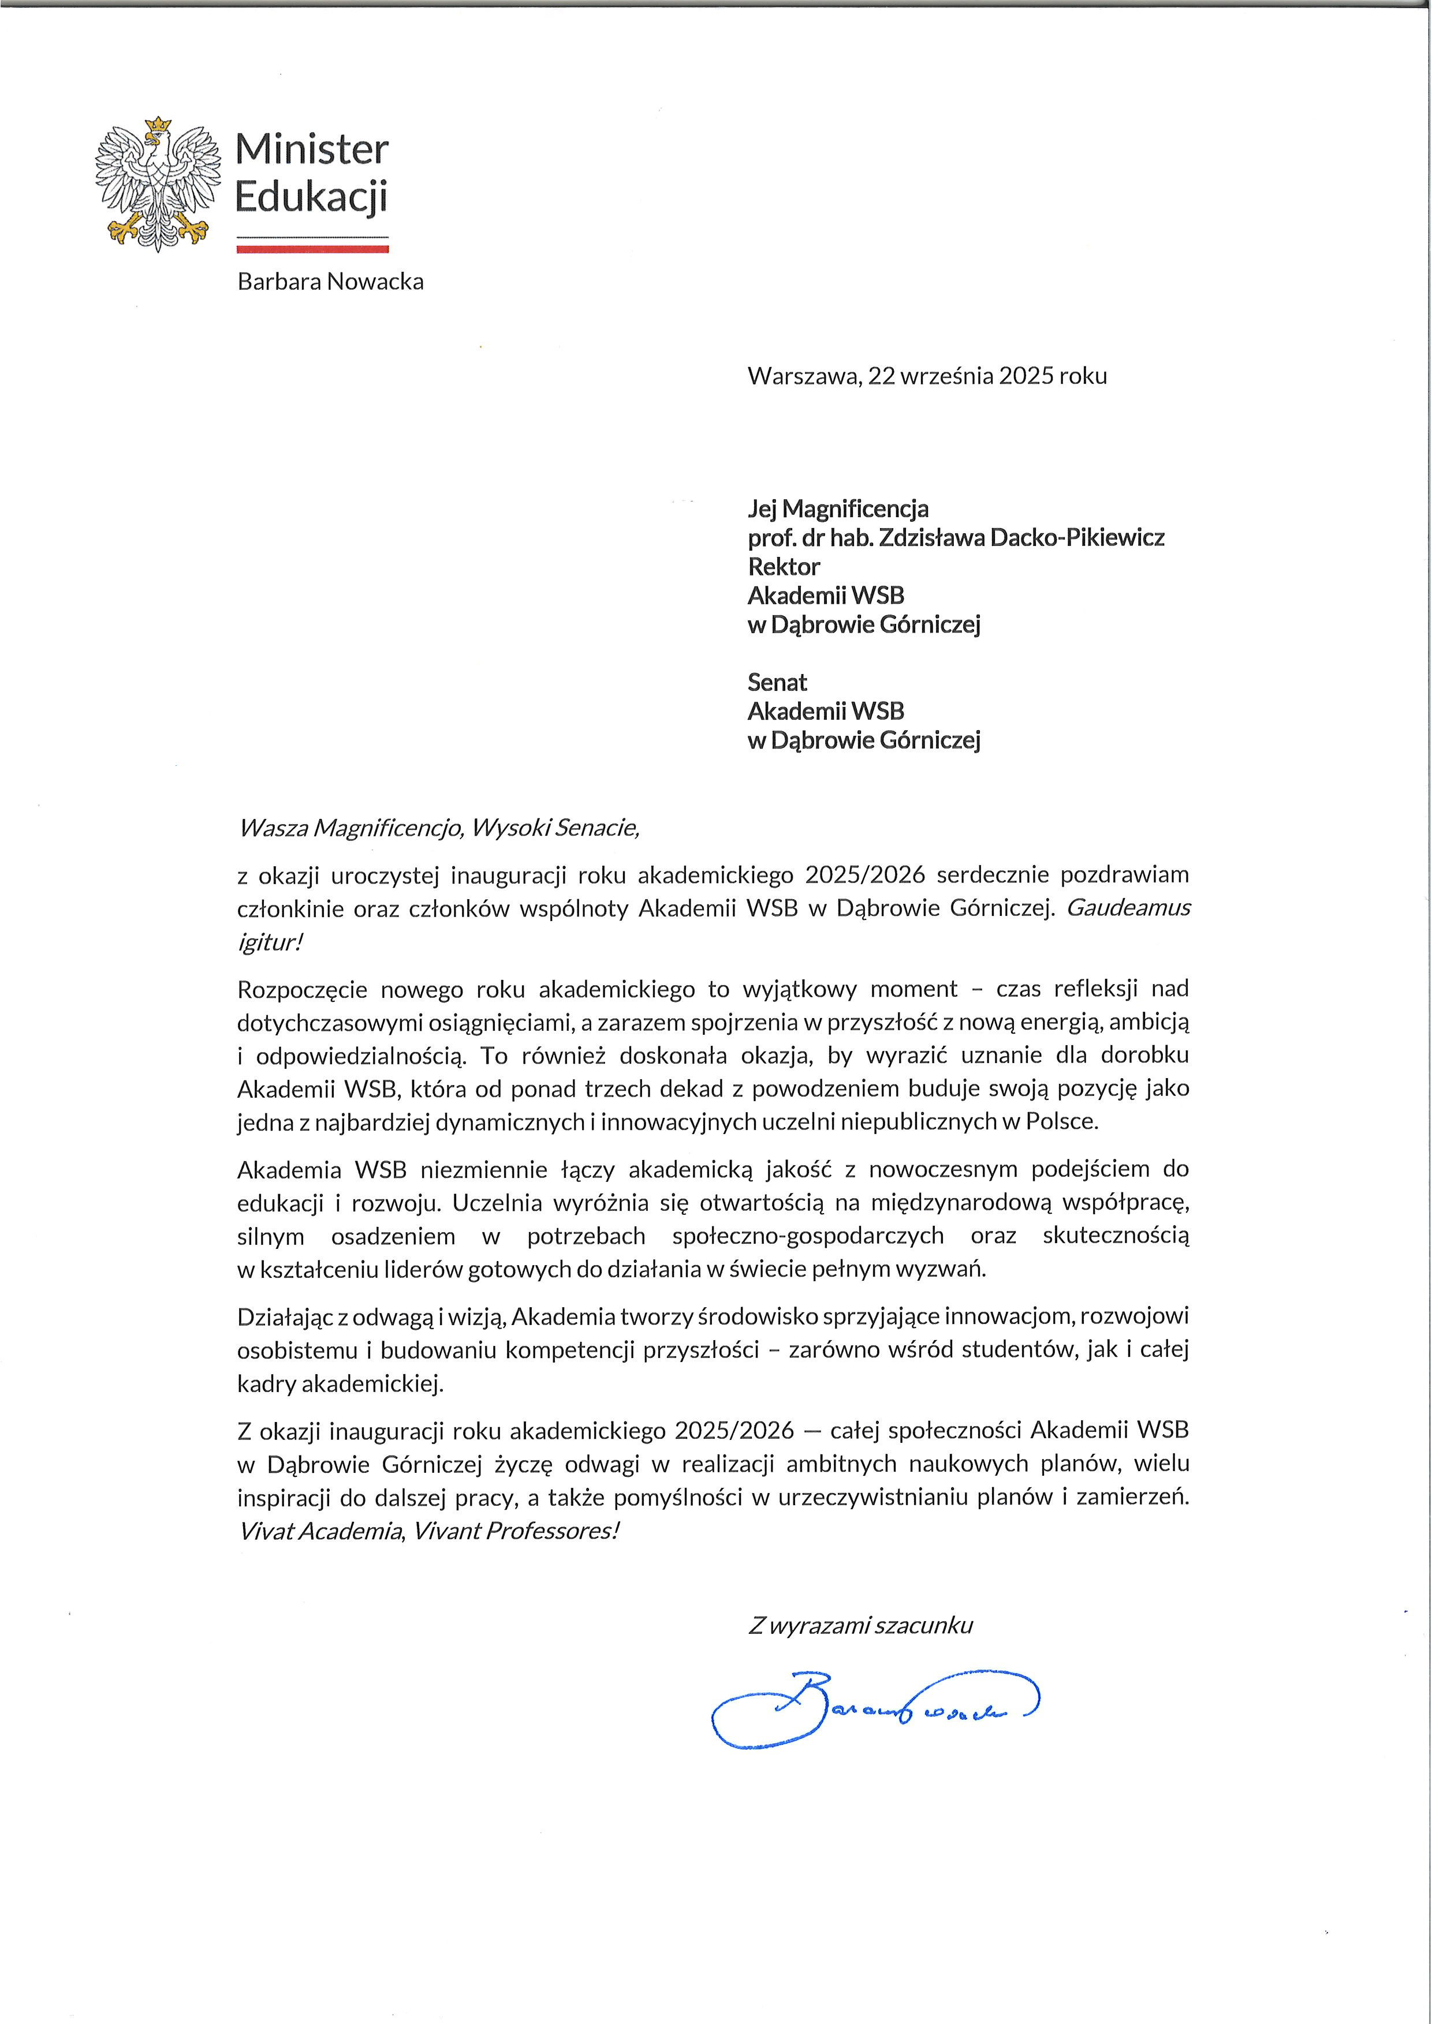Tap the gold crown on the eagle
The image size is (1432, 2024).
tap(157, 125)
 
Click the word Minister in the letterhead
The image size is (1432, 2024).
tap(311, 150)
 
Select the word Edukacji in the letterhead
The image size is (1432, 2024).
tap(311, 197)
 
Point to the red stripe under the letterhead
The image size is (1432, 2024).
tap(312, 249)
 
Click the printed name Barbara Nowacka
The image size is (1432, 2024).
tap(331, 282)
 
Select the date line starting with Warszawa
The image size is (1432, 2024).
tap(927, 376)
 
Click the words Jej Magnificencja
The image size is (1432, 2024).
tap(838, 508)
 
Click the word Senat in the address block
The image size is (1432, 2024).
tap(777, 682)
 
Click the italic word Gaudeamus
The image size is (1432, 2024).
tap(1129, 908)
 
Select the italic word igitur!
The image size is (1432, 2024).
tap(270, 942)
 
